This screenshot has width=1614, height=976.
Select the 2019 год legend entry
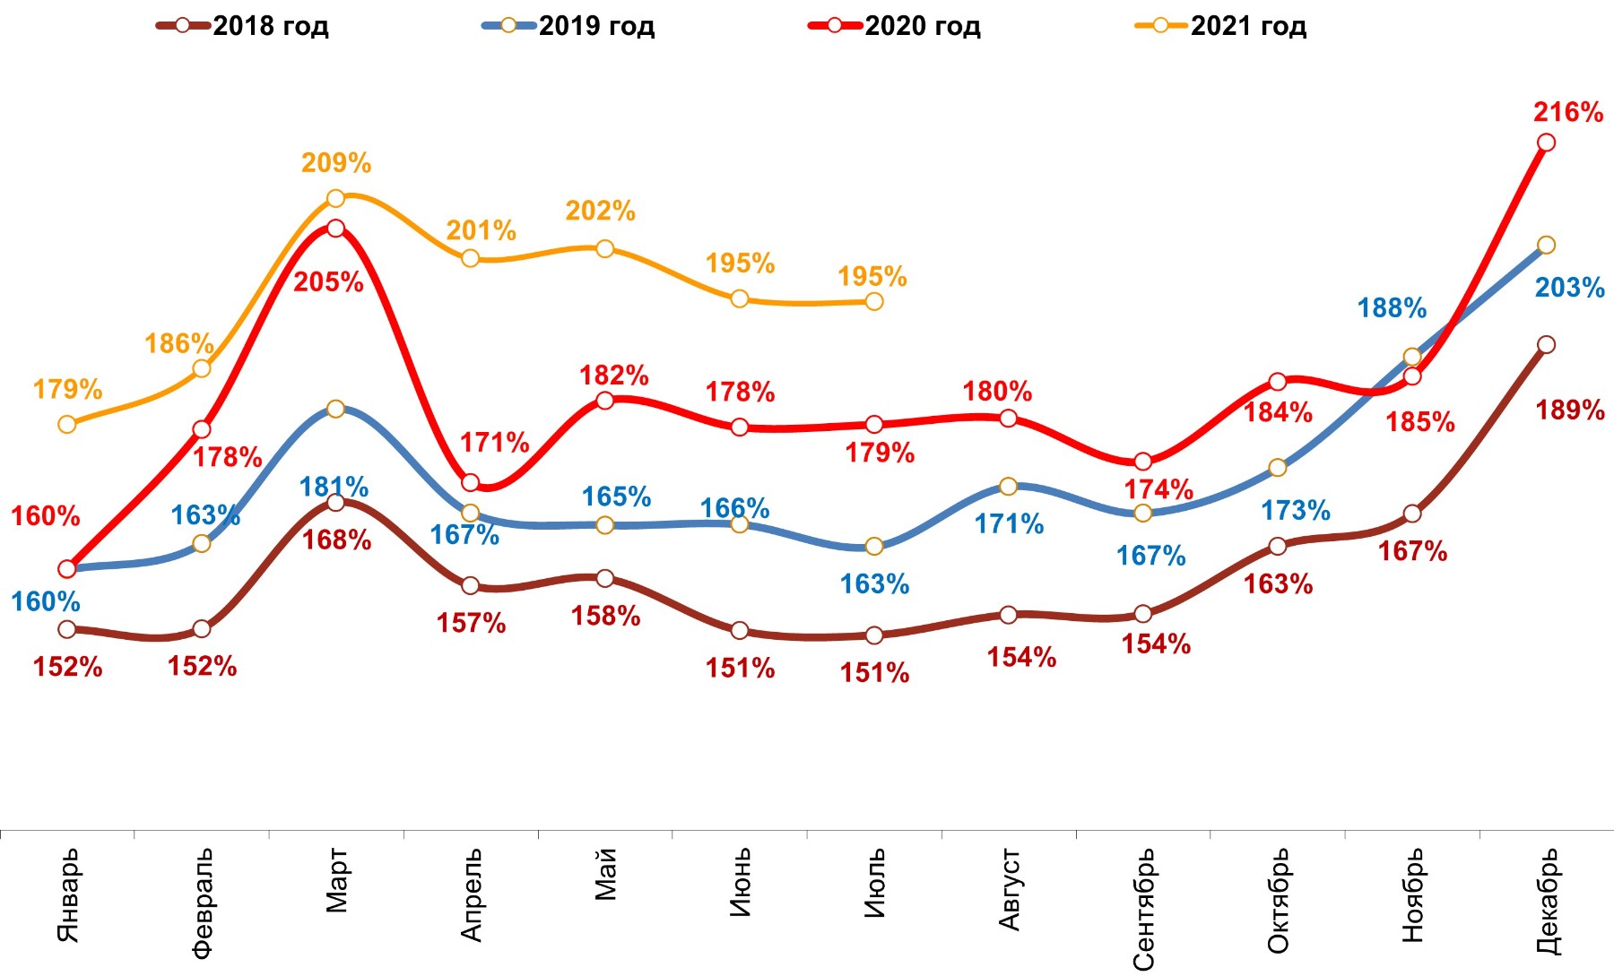click(x=569, y=25)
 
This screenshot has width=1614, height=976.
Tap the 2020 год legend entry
click(x=896, y=25)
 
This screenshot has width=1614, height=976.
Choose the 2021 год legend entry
click(x=1221, y=25)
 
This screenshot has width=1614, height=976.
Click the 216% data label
click(x=1568, y=112)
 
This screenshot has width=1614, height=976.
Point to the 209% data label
click(x=336, y=162)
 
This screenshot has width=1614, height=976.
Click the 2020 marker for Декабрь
click(x=1546, y=143)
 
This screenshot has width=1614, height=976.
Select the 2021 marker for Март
click(x=335, y=198)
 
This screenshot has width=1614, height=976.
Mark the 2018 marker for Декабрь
click(x=1546, y=344)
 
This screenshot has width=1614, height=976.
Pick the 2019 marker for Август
click(x=1008, y=486)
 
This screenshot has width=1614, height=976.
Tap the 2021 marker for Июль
click(x=874, y=301)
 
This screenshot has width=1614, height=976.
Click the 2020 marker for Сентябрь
click(x=1142, y=462)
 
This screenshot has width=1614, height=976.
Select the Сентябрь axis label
click(x=1144, y=909)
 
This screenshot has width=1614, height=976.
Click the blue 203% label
click(x=1569, y=288)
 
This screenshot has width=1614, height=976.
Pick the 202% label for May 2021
click(x=600, y=211)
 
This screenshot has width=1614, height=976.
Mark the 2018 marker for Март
click(x=335, y=503)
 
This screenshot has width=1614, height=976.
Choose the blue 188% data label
click(x=1392, y=308)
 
